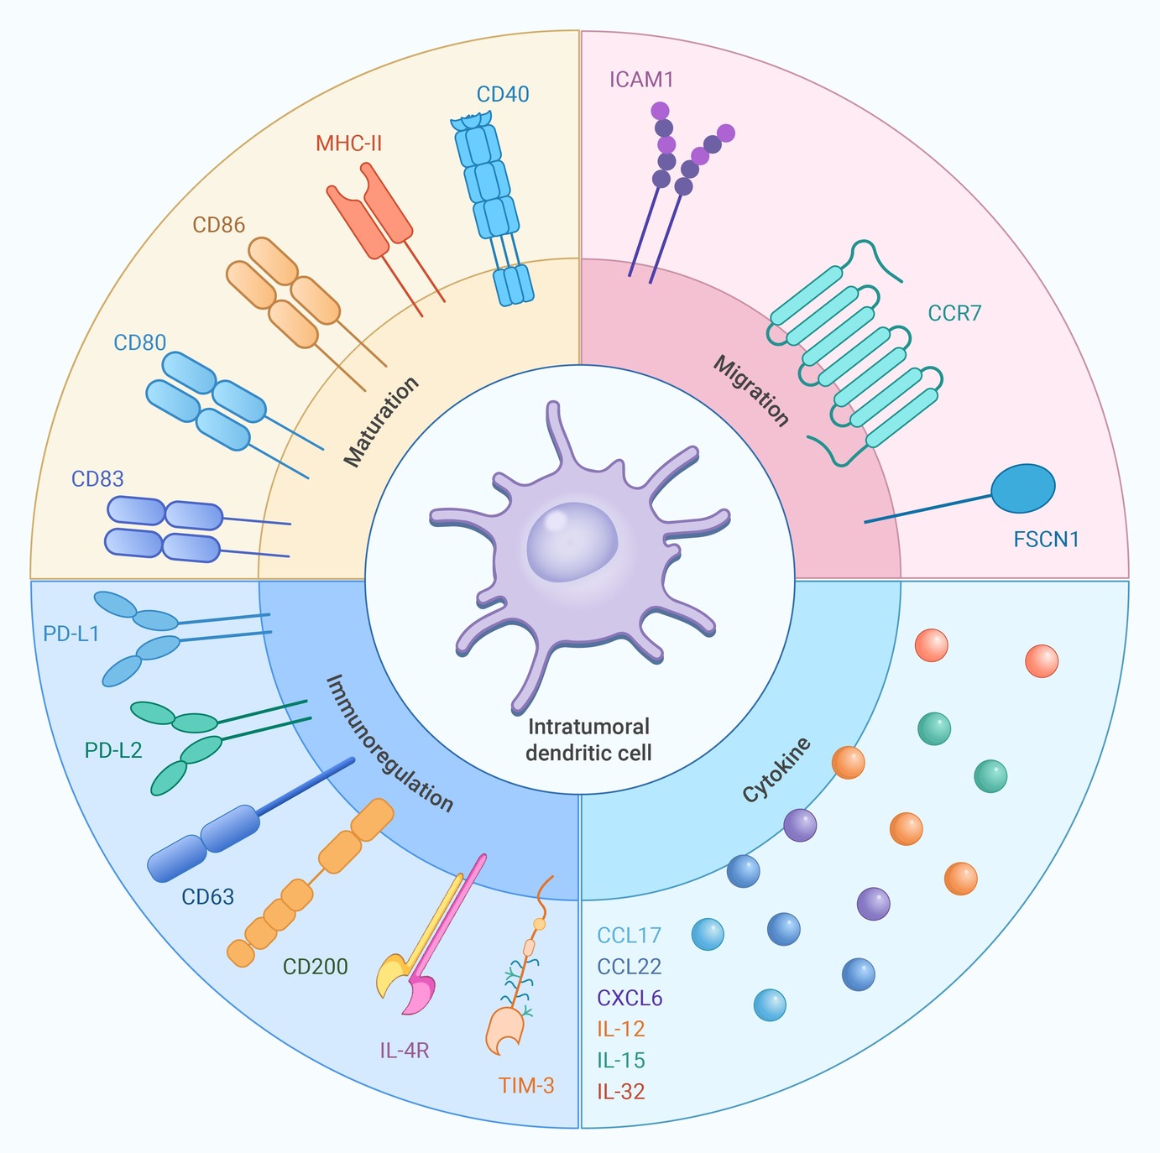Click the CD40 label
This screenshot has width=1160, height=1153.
click(x=503, y=94)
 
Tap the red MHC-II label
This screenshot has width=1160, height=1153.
click(x=348, y=143)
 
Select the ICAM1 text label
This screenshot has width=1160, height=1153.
click(x=641, y=80)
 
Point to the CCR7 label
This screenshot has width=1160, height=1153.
click(x=954, y=314)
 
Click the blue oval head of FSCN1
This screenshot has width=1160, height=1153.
click(x=1022, y=488)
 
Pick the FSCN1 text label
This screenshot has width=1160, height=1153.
click(x=1046, y=539)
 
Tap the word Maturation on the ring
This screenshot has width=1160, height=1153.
click(x=381, y=422)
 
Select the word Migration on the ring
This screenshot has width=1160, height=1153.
click(x=751, y=391)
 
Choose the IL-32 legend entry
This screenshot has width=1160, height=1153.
click(x=621, y=1092)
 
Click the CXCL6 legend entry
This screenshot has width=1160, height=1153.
click(x=630, y=998)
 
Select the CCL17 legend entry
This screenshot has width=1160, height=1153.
click(x=630, y=935)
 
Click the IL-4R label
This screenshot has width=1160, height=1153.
click(x=405, y=1050)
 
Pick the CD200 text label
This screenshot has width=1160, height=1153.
click(x=316, y=967)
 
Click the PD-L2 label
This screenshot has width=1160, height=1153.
click(x=113, y=750)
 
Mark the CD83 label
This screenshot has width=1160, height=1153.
click(x=97, y=479)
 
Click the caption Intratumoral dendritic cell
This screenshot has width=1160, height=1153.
click(x=588, y=738)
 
